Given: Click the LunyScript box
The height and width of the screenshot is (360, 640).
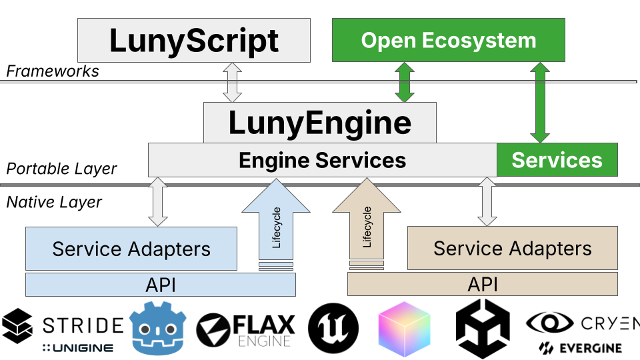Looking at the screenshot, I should point(194,40).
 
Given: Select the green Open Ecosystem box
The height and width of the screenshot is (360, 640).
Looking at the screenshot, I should point(448,40).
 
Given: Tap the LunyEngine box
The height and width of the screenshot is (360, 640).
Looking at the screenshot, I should point(320,123).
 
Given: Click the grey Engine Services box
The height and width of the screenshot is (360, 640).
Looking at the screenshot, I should point(322,160).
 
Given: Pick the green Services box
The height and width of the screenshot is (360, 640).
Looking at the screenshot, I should point(557,160).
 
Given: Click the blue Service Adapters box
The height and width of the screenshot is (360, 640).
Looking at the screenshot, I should point(131,249).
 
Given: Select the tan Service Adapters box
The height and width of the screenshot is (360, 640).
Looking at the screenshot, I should point(512,249).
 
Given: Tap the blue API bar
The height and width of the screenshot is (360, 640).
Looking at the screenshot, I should point(160,285).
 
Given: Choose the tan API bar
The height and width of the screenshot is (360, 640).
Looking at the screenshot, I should point(482,285).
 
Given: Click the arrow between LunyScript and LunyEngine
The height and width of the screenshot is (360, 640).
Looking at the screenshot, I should point(233,82).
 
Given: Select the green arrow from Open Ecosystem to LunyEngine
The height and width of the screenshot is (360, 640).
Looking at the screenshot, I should point(405,82).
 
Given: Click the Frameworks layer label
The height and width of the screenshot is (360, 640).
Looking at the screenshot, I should point(53,71).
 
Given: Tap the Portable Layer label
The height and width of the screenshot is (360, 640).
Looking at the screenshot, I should point(61,169).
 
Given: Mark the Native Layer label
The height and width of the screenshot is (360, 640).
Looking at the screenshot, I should point(54,201).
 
